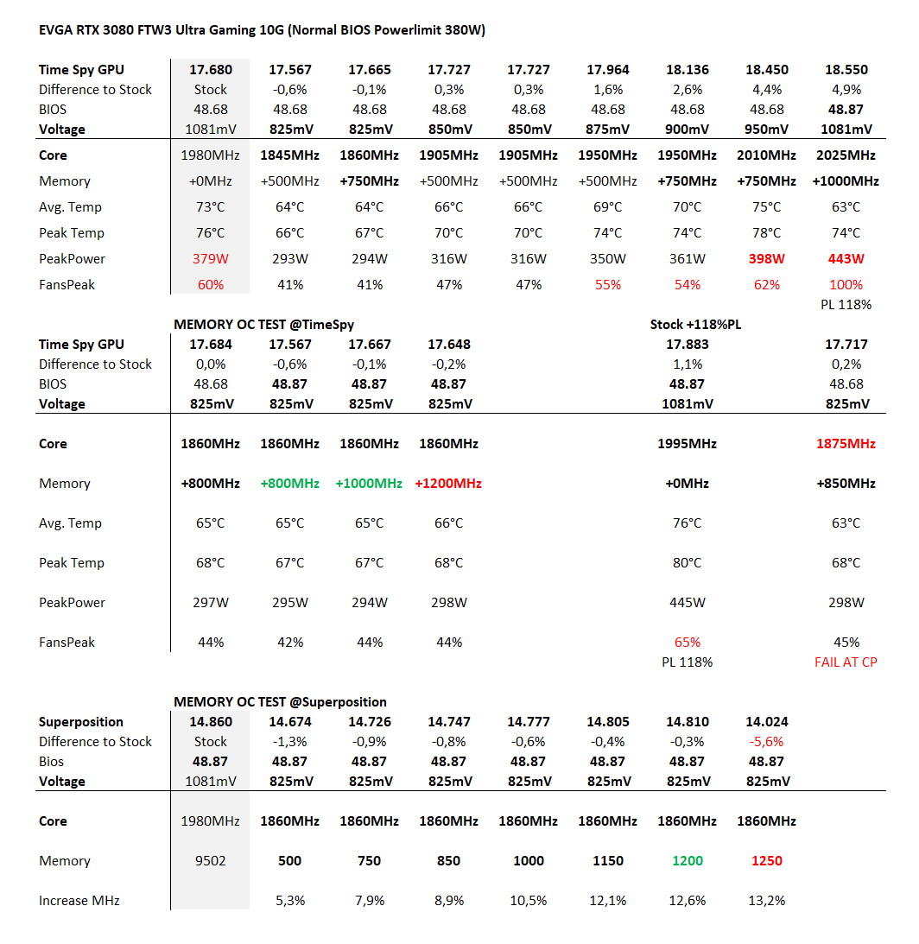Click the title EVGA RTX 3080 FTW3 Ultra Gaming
tap(262, 30)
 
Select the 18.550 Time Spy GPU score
tap(846, 70)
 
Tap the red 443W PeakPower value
tap(846, 259)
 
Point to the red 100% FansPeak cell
tap(846, 285)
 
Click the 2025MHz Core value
tap(846, 155)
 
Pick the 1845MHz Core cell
tap(289, 155)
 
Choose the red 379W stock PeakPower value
tap(210, 259)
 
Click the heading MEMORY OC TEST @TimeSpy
tap(264, 325)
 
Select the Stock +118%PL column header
tap(695, 325)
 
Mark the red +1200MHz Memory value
tap(448, 484)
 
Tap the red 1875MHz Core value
tap(846, 444)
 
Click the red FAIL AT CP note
tap(846, 662)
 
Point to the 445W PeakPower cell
tap(687, 603)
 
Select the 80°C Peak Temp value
tap(687, 563)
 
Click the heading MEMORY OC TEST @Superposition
tap(280, 702)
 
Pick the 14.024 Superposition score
tap(766, 722)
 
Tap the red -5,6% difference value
tap(766, 742)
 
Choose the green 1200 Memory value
tap(687, 861)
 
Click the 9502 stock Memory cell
tap(210, 861)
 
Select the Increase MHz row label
tap(79, 901)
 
